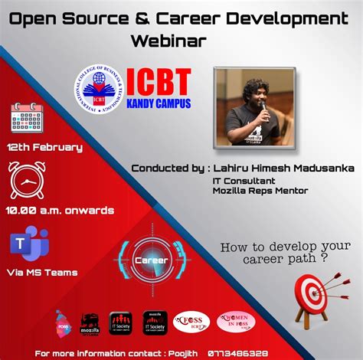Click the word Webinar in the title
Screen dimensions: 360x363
[168, 41]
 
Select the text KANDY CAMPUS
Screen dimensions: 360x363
[160, 102]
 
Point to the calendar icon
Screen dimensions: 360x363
[27, 117]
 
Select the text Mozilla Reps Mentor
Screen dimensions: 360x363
[260, 191]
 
